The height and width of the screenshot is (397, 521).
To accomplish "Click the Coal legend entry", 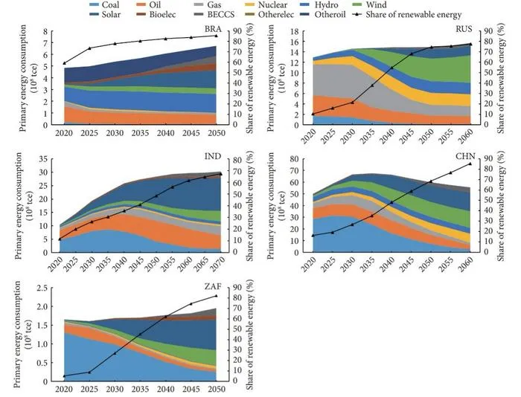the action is tap(104, 5).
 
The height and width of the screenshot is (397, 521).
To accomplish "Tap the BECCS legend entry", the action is tap(213, 15).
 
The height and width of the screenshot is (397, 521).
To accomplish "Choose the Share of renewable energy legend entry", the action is tap(407, 15).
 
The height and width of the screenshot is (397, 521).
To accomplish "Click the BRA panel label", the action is tap(213, 29).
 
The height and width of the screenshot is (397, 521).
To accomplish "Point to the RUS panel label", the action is tap(464, 29).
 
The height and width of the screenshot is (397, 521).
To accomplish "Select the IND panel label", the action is tap(213, 156).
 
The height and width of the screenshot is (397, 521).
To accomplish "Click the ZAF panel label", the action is tap(214, 285).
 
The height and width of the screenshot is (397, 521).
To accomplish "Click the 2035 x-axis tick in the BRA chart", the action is tap(140, 133).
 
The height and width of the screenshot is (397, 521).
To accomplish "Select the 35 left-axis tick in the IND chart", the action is tap(43, 159).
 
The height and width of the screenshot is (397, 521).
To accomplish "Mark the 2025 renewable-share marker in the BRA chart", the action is tap(89, 48).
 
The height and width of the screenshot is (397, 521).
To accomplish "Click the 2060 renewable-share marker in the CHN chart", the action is tap(470, 164).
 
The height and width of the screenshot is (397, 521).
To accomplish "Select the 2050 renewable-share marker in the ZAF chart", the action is tap(217, 295).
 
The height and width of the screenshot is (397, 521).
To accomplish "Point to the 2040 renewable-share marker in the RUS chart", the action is tap(391, 68).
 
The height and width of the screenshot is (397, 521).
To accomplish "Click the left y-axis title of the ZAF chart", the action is tap(22, 335).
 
